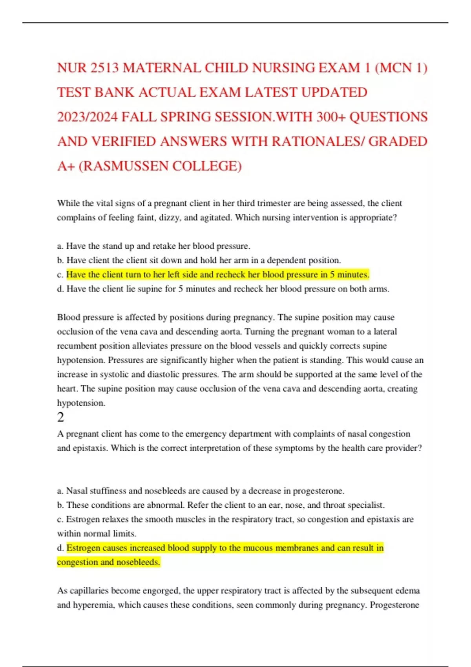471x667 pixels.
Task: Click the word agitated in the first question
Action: (215, 217)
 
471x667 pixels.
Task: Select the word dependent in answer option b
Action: (286, 260)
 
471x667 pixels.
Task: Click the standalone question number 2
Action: (60, 417)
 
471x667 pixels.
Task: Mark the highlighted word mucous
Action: (258, 548)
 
